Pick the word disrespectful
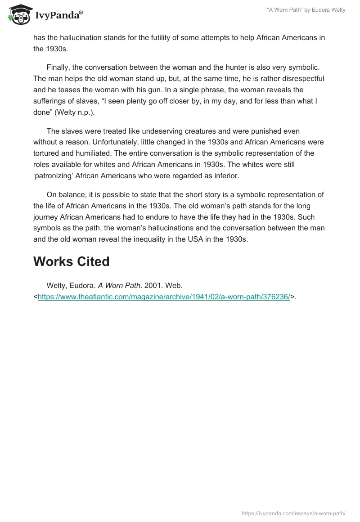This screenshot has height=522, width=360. coord(301,79)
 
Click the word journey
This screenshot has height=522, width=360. coord(45,217)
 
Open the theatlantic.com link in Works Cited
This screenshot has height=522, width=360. coord(164,297)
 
